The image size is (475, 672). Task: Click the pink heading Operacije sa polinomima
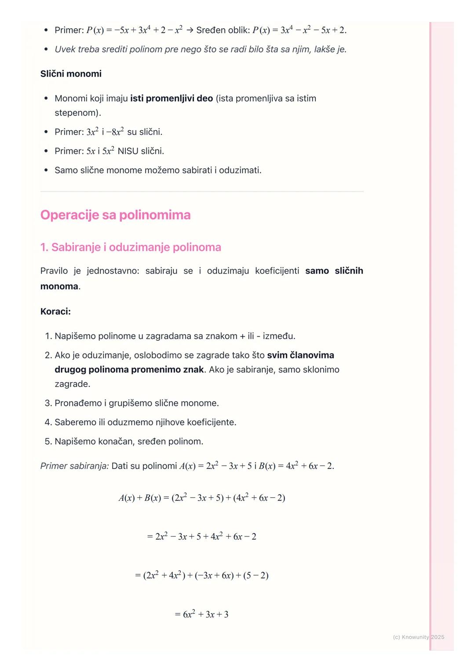click(x=115, y=215)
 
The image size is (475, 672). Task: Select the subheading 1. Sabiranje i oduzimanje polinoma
click(x=131, y=247)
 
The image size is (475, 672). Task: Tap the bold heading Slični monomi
click(x=71, y=74)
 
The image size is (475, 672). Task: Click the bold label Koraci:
click(x=55, y=311)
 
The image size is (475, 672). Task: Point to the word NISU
click(x=128, y=151)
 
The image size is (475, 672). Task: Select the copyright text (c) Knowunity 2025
click(x=418, y=637)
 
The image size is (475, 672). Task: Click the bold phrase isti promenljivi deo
click(x=172, y=99)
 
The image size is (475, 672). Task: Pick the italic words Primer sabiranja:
click(x=74, y=466)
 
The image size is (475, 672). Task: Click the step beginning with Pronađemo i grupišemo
click(x=136, y=403)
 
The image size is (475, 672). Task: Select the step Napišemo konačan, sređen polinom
click(x=129, y=442)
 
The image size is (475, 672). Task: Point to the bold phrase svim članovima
click(x=300, y=355)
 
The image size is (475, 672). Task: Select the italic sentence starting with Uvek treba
click(x=201, y=49)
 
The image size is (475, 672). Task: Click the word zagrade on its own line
click(x=72, y=384)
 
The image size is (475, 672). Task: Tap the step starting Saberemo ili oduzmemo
click(x=145, y=422)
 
